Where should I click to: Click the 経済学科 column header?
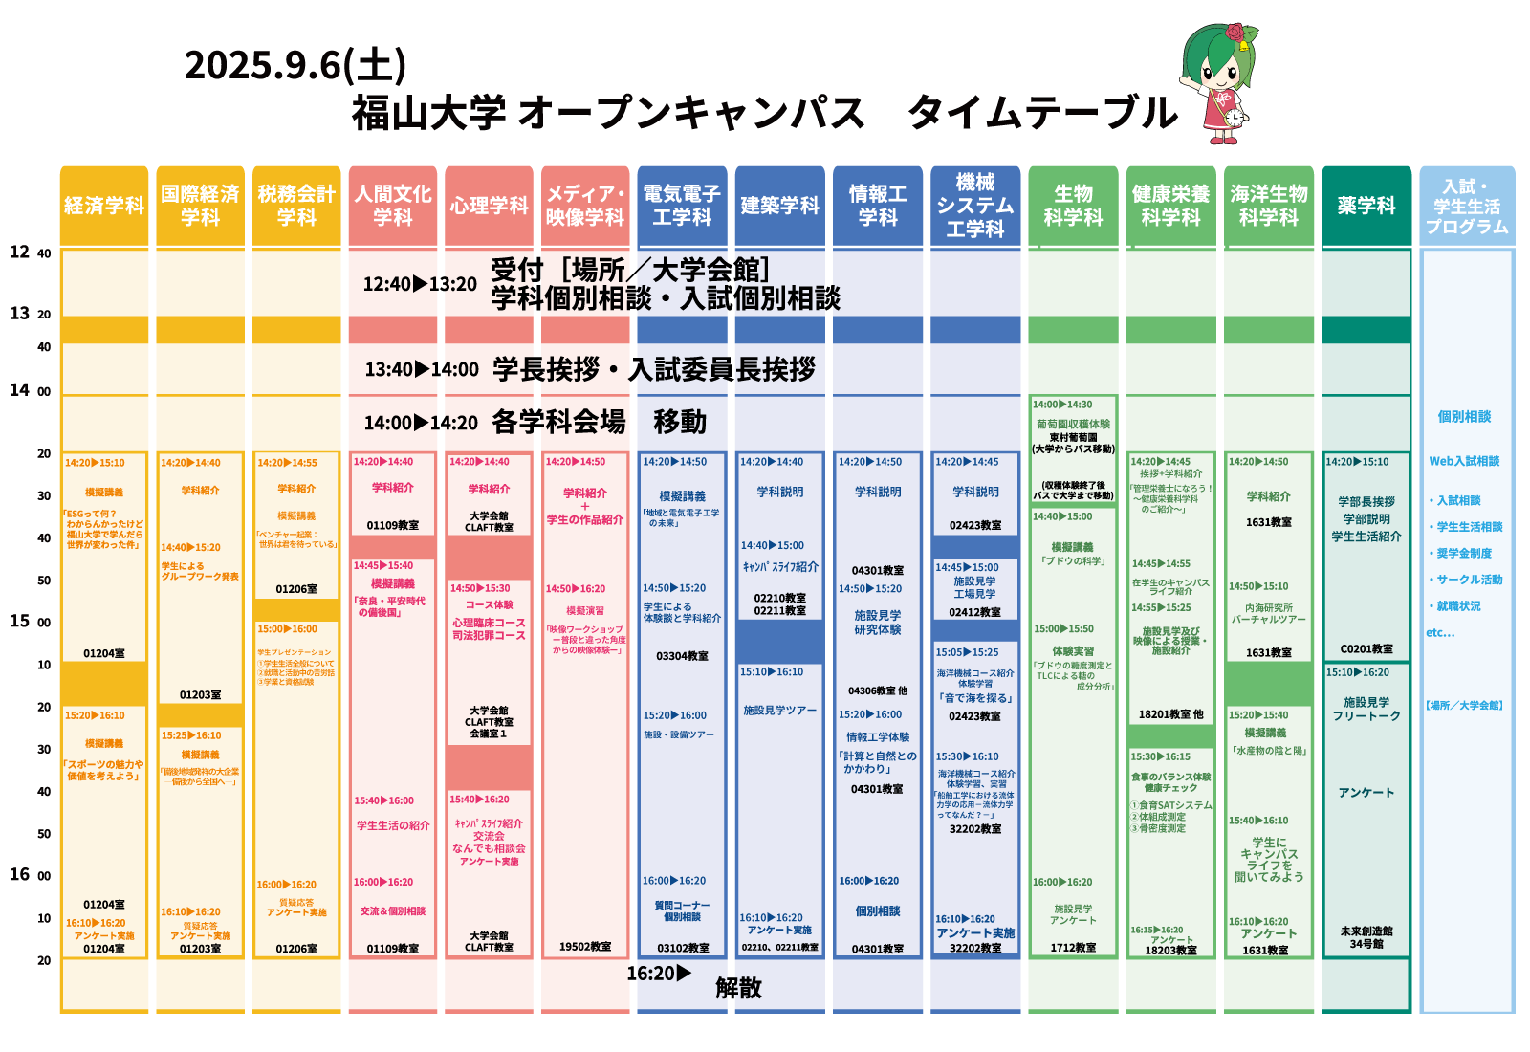click(x=104, y=206)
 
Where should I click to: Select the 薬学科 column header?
click(x=1366, y=206)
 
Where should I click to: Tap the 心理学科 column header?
click(x=489, y=206)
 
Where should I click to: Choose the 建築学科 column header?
click(x=779, y=206)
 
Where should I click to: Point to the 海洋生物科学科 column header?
click(x=1268, y=206)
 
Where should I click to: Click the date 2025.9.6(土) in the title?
click(x=295, y=65)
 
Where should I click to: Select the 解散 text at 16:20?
click(x=738, y=988)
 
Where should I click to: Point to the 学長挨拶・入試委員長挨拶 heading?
click(x=654, y=369)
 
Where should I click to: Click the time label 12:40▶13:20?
click(x=420, y=284)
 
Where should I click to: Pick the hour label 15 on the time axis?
click(x=20, y=621)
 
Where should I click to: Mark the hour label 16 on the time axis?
click(x=20, y=874)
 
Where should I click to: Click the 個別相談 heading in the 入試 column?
click(x=1464, y=416)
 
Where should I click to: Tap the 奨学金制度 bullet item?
click(x=1464, y=553)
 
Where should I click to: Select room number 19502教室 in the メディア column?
click(x=585, y=947)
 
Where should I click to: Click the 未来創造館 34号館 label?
click(x=1366, y=937)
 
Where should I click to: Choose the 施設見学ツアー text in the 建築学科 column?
click(x=779, y=711)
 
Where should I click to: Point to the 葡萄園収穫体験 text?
click(x=1073, y=424)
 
